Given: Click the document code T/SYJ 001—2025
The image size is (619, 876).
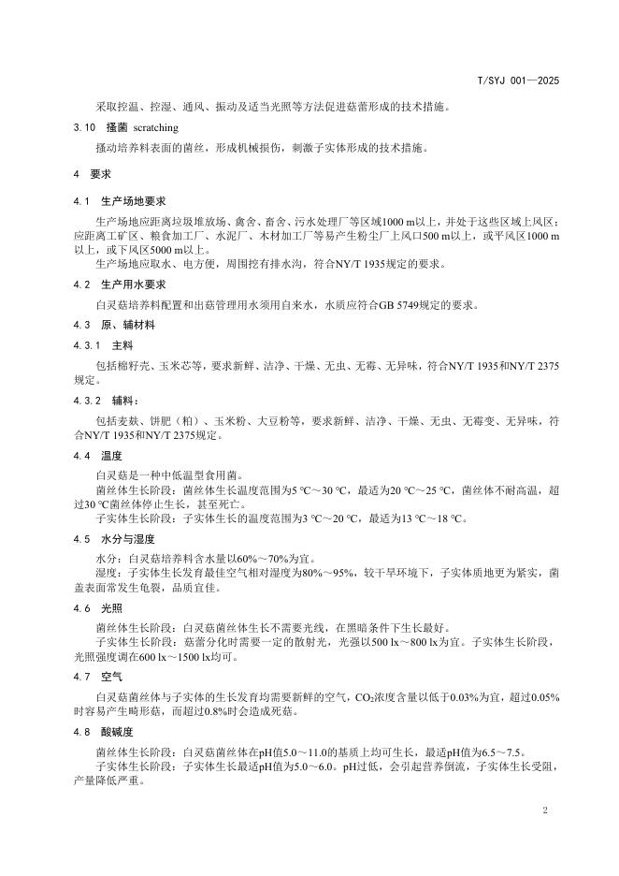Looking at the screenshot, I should [x=517, y=82].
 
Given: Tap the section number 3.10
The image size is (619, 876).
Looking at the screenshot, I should [x=84, y=126].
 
